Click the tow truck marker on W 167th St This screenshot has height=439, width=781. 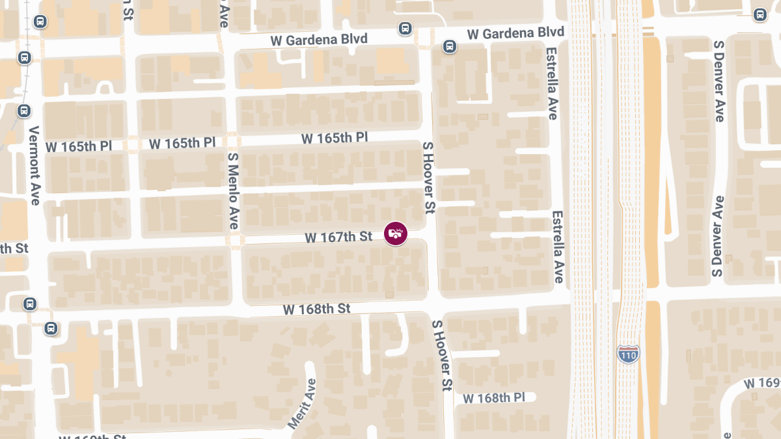pos(395,233)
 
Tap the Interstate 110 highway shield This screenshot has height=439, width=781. pos(628,354)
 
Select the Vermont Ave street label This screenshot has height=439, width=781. pos(34,165)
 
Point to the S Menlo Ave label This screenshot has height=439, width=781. pos(233,191)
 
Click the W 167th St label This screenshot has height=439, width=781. pos(338,237)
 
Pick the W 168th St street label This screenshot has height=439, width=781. pos(317,308)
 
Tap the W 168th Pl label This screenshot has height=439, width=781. pos(494,397)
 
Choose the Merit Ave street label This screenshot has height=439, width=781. pos(301,403)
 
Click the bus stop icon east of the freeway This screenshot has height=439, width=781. pos(760,15)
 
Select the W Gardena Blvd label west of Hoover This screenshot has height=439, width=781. pos(319,40)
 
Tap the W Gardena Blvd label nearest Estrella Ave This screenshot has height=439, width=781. pos(515,33)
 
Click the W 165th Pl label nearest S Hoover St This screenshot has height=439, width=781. pos(335,138)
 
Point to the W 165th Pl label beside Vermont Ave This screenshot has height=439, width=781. pos(86,146)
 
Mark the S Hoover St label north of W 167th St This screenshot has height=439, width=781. pos(428,178)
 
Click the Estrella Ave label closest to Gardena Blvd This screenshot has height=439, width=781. pos(552,83)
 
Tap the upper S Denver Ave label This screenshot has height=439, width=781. pos(719,81)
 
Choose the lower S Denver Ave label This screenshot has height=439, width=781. pos(718,236)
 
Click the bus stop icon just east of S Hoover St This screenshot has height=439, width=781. pos(449,46)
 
